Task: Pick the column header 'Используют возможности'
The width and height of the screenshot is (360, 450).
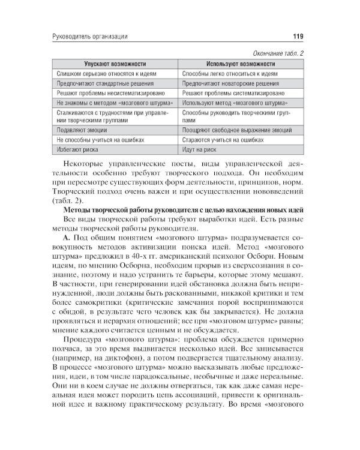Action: click(x=240, y=63)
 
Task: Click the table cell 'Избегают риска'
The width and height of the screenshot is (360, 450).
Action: click(x=77, y=149)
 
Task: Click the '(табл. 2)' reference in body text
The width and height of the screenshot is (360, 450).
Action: click(x=73, y=200)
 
